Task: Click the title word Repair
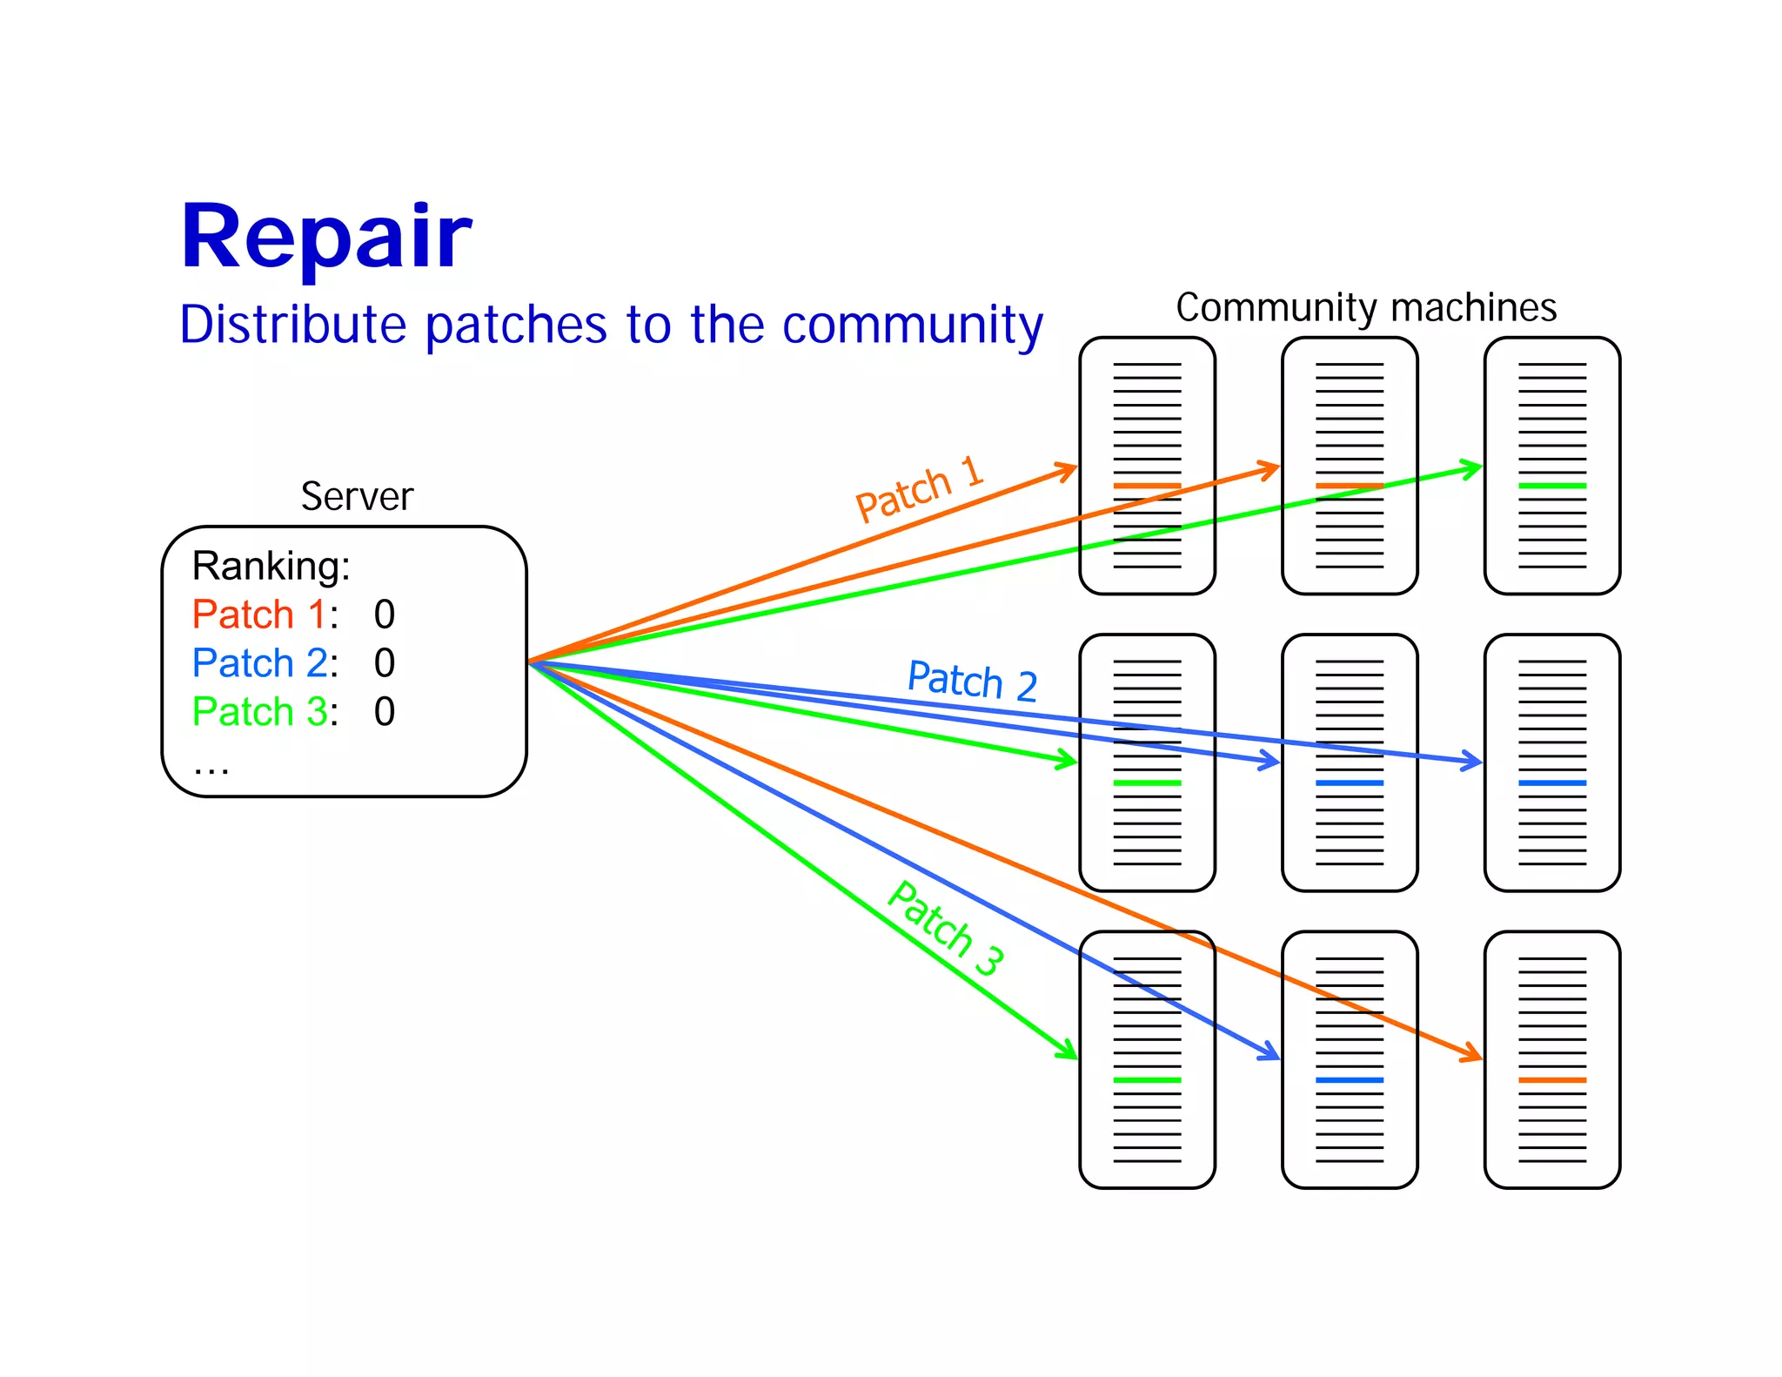pyautogui.click(x=325, y=237)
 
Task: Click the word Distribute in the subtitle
pyautogui.click(x=292, y=325)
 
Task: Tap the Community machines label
pyautogui.click(x=1365, y=307)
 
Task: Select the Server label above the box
pyautogui.click(x=357, y=496)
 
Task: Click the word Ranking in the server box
pyautogui.click(x=271, y=566)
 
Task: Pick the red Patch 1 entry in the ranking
pyautogui.click(x=259, y=615)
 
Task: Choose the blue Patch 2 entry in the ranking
pyautogui.click(x=259, y=663)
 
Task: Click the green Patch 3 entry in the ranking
pyautogui.click(x=259, y=712)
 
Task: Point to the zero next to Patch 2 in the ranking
pyautogui.click(x=385, y=663)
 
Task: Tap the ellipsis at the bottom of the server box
pyautogui.click(x=211, y=768)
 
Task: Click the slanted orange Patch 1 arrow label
pyautogui.click(x=919, y=489)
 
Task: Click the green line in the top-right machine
pyautogui.click(x=1551, y=486)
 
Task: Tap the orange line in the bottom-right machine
pyautogui.click(x=1551, y=1080)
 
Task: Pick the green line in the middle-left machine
pyautogui.click(x=1147, y=783)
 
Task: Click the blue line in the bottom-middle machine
pyautogui.click(x=1349, y=1080)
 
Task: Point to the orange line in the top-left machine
pyautogui.click(x=1147, y=486)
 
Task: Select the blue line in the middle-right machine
pyautogui.click(x=1551, y=783)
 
